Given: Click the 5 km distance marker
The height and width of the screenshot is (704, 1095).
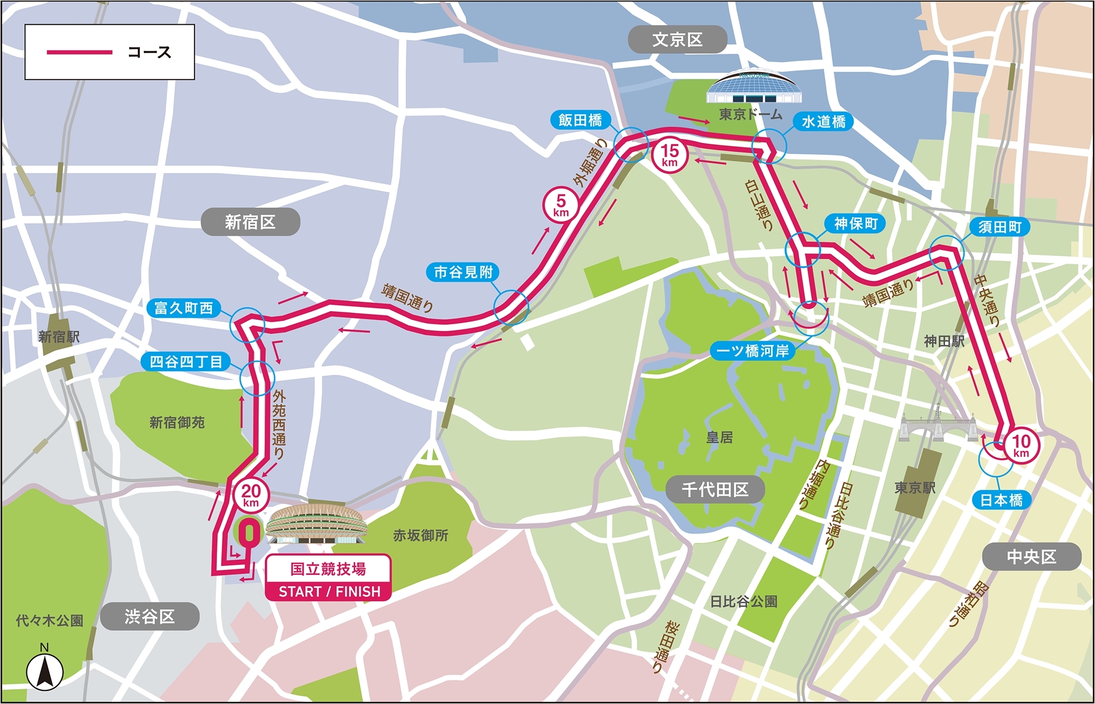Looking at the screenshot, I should pos(561,204).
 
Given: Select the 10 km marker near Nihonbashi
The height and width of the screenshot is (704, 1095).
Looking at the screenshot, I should pos(1021,445).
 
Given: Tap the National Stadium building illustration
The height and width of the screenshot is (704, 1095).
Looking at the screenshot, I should pos(316,523).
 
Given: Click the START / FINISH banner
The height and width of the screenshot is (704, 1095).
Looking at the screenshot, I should pos(328,591).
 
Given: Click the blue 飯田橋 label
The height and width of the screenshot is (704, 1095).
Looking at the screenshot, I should pos(580,120).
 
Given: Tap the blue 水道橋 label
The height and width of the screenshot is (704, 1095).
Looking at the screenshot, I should pos(823,121).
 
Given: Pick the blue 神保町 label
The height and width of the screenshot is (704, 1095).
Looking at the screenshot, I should pos(856,224).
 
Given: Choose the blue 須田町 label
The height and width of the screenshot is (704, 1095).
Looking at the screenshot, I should pos(999,227).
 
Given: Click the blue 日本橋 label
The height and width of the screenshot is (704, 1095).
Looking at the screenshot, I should pos(1001,500).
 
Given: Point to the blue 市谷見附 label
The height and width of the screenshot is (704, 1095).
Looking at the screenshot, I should pos(463,272).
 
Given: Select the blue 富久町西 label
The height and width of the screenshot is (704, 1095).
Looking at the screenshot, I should pos(183,308).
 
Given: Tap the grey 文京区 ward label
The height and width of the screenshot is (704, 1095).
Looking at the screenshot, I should pos(677,40).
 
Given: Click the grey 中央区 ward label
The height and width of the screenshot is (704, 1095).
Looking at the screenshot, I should pos(1031,557).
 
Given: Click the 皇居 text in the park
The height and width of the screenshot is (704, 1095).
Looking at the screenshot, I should pos(719,437).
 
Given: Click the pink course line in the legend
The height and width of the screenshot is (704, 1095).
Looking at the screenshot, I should pos(80,52).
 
